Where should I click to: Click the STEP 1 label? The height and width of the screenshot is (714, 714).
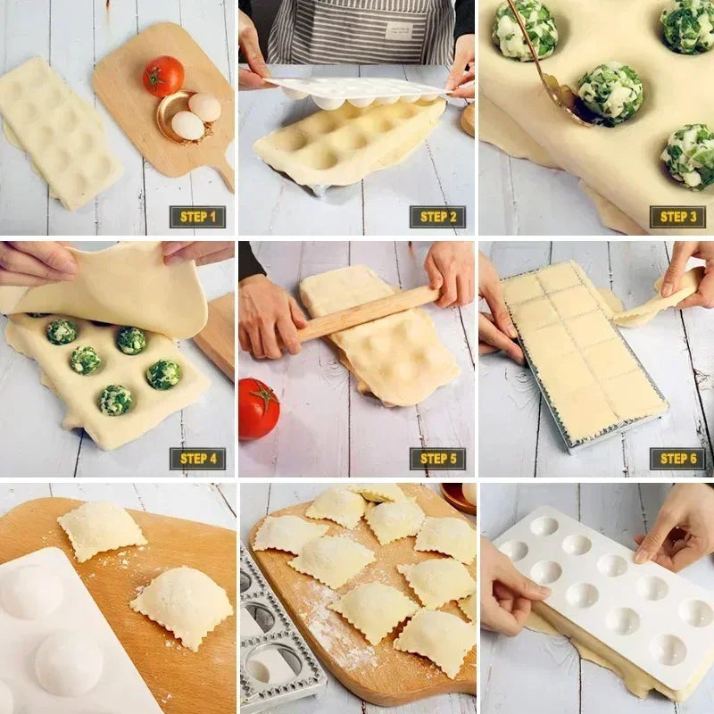(197, 217)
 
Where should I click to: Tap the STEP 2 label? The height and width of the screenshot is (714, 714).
(437, 217)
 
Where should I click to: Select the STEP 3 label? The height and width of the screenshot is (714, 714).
(677, 217)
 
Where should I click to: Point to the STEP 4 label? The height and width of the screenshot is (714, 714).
(197, 459)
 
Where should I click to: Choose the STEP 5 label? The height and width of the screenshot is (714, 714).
(437, 459)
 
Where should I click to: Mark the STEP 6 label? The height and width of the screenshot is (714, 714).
(677, 459)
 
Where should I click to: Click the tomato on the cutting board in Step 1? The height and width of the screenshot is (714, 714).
(163, 76)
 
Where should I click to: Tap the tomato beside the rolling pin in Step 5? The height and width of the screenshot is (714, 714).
(257, 409)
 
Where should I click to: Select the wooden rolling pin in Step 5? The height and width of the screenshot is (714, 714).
(366, 313)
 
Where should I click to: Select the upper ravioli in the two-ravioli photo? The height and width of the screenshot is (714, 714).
(101, 530)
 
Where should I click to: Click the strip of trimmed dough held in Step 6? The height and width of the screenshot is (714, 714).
(656, 299)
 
